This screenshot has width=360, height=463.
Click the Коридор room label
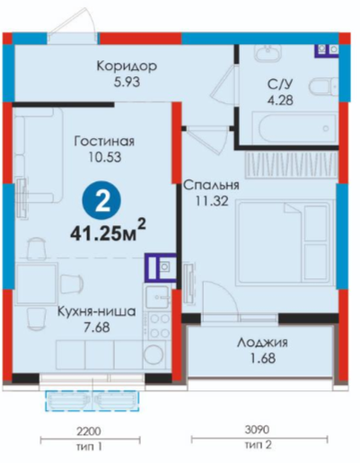(127, 66)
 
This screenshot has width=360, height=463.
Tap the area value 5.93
(127, 82)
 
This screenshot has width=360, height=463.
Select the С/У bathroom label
(280, 85)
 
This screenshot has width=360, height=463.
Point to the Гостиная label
(104, 141)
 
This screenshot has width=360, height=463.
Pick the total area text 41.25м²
(108, 231)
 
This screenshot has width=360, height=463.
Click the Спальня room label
(211, 186)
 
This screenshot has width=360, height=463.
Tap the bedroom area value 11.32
(212, 201)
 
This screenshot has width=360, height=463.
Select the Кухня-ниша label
(96, 311)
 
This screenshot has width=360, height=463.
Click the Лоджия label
(262, 343)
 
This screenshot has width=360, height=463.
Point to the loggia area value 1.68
(263, 358)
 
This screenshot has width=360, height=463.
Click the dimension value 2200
(89, 432)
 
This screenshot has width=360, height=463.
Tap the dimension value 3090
(257, 430)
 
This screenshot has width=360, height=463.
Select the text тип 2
(259, 445)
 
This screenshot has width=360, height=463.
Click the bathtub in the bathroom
(294, 127)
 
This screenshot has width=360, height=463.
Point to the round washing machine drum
(154, 355)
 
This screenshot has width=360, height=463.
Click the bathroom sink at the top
(268, 52)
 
